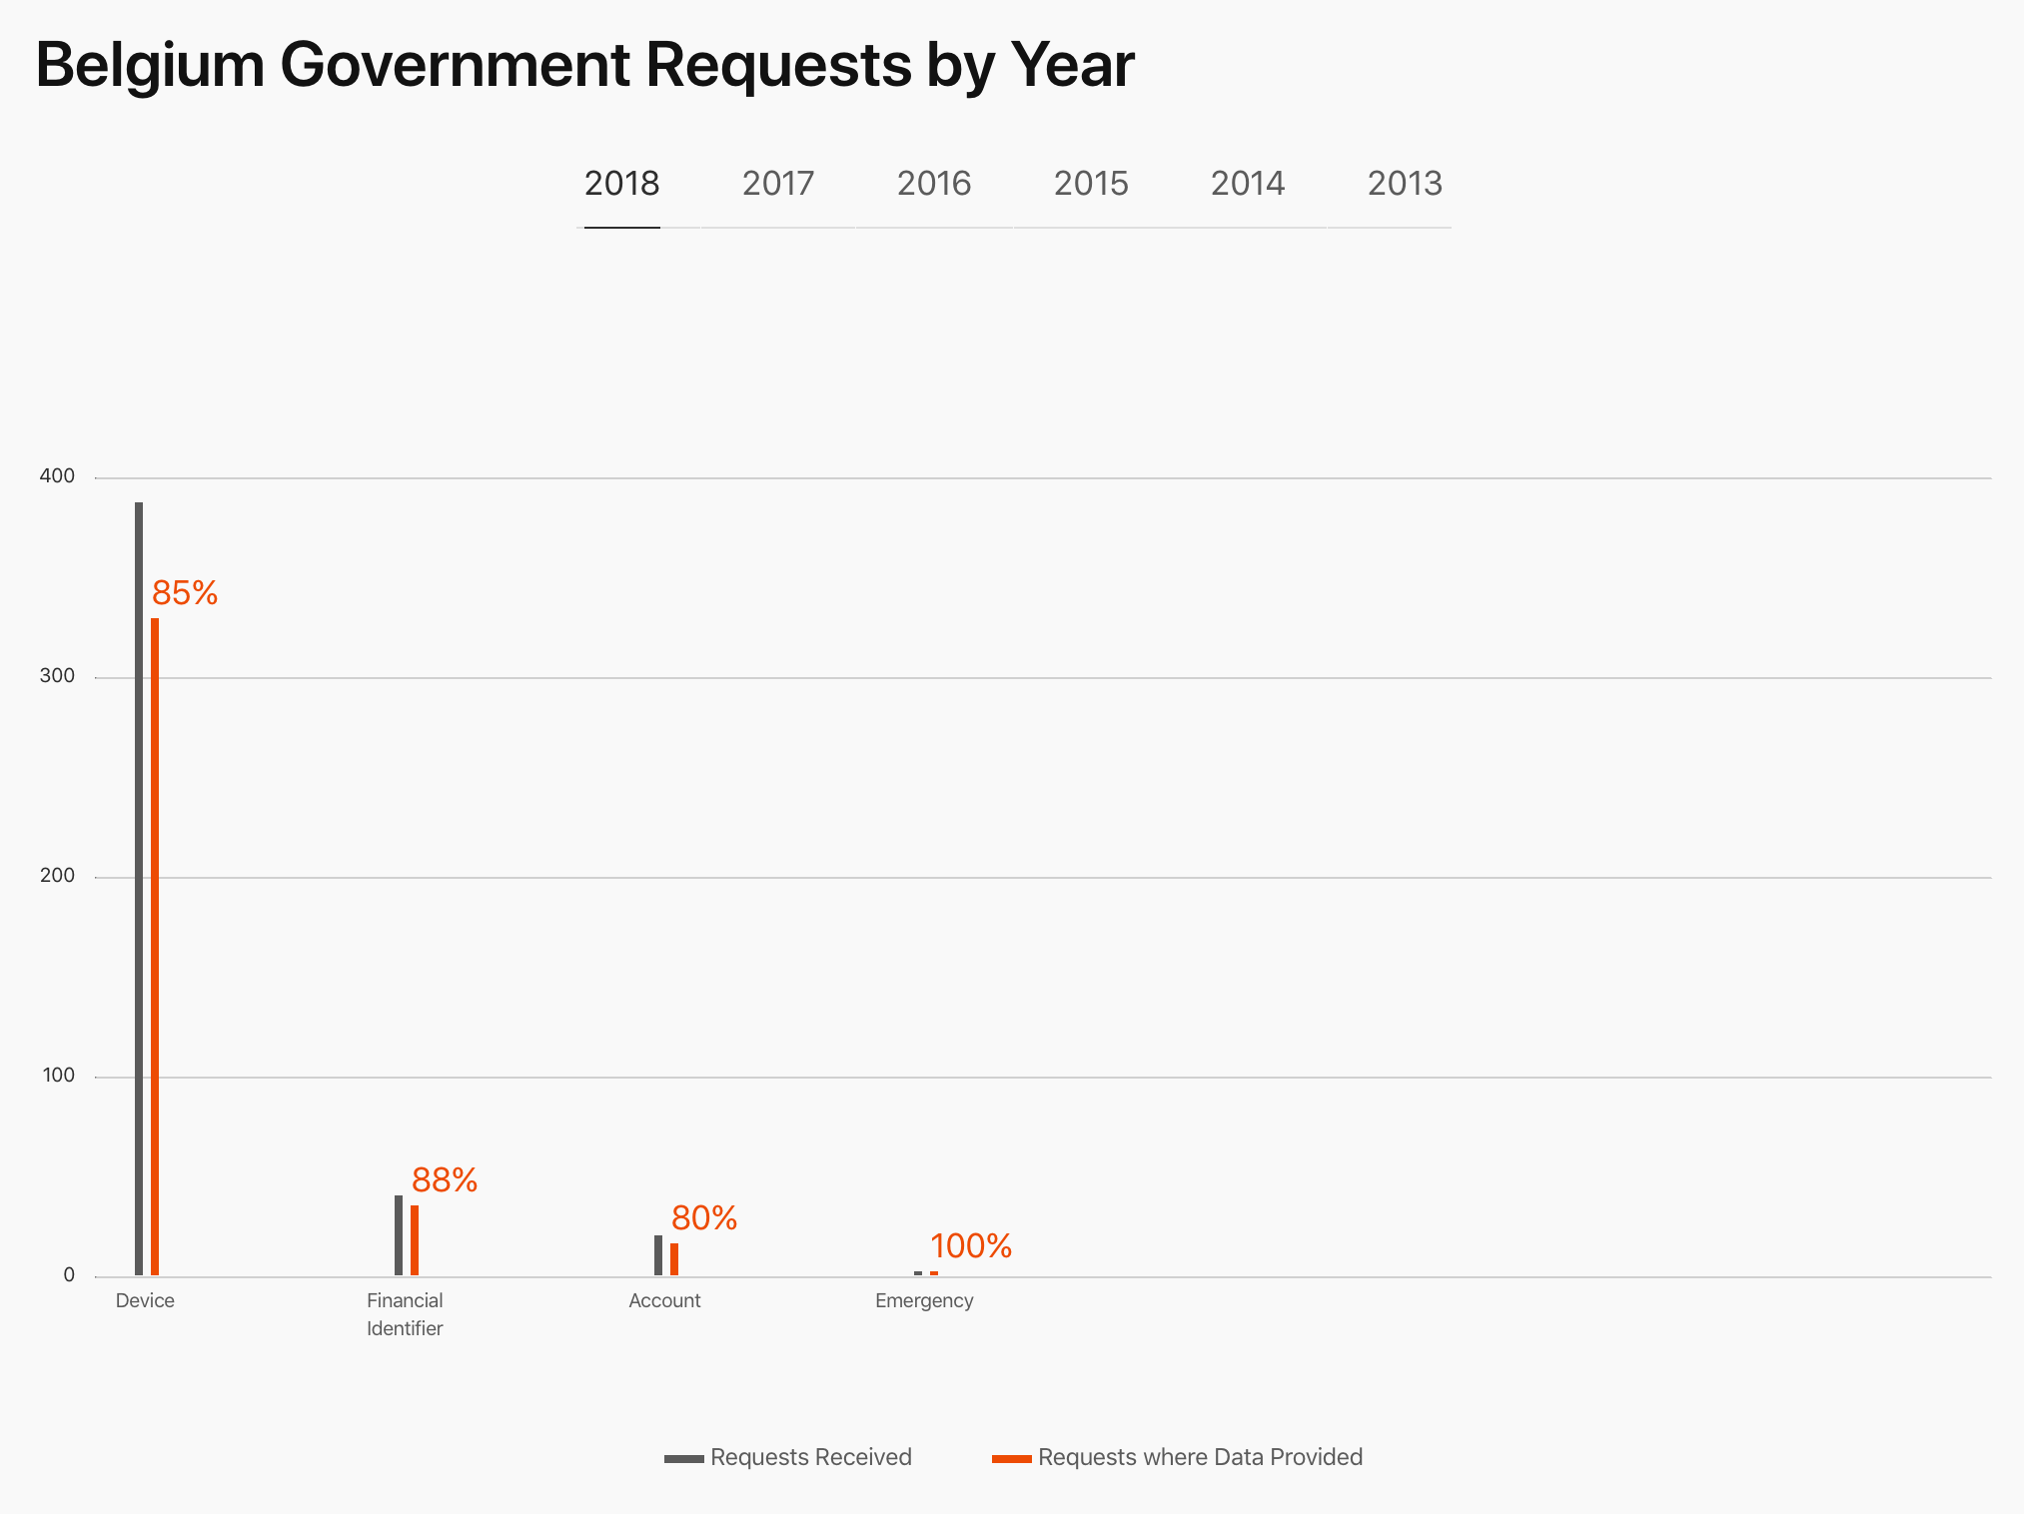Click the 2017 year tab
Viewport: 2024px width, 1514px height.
point(778,184)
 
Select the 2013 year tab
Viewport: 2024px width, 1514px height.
point(1405,184)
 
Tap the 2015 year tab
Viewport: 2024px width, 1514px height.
point(1091,184)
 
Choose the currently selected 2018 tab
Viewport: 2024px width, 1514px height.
point(621,184)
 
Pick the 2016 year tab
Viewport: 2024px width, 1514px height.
point(934,184)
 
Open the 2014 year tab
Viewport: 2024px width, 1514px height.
point(1248,184)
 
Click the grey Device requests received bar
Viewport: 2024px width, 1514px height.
point(139,889)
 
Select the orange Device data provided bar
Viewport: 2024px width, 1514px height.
point(155,947)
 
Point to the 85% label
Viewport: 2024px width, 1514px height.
point(185,593)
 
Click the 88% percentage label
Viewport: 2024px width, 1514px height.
point(445,1180)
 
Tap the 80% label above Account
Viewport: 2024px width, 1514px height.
point(704,1218)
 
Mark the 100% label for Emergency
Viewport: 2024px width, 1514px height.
point(971,1246)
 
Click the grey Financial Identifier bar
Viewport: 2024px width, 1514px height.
point(399,1235)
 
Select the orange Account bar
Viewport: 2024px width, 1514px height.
point(674,1259)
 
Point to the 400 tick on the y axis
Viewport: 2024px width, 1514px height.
point(57,476)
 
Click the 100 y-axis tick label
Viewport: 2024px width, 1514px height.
point(58,1076)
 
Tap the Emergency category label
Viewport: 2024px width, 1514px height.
point(924,1300)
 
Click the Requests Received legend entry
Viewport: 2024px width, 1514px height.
point(788,1457)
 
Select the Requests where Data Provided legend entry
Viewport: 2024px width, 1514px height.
point(1177,1457)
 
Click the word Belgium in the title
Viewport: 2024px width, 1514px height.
point(150,66)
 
